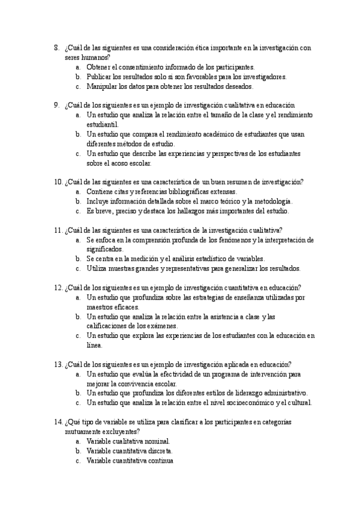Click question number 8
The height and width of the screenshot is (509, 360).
56,47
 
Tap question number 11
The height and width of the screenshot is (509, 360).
58,230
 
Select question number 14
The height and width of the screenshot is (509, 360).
58,422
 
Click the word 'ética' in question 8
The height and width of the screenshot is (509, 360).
180,47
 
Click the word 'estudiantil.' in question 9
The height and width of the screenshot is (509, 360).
103,124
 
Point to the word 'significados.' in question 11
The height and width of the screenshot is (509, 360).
104,249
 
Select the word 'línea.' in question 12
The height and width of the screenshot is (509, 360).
95,345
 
